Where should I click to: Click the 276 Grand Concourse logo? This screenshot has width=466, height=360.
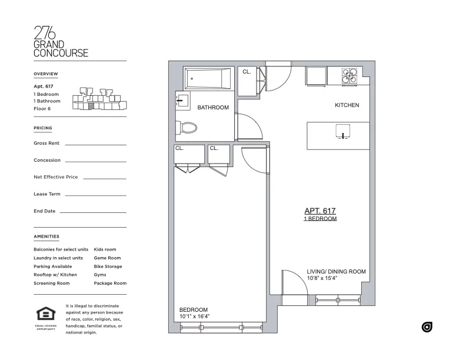tap(61, 42)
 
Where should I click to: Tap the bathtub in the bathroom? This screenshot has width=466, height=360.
tap(208, 79)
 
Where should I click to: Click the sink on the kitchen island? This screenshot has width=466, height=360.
tap(342, 131)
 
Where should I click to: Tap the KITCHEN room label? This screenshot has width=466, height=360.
tap(347, 105)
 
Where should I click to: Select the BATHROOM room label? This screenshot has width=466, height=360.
tap(212, 108)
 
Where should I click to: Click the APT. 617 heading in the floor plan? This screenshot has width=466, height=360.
tap(319, 211)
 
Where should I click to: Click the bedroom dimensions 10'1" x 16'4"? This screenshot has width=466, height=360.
tap(195, 316)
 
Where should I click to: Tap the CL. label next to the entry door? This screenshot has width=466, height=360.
tap(247, 72)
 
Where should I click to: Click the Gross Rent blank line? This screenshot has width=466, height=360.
tap(95, 144)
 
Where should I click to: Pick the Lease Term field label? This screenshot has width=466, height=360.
tap(47, 194)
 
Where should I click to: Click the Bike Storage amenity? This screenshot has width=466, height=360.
tap(108, 266)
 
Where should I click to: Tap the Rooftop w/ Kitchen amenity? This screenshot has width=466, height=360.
tap(55, 275)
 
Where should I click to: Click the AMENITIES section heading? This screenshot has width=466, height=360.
tap(46, 236)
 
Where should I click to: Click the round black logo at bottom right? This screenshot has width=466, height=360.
tap(427, 327)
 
